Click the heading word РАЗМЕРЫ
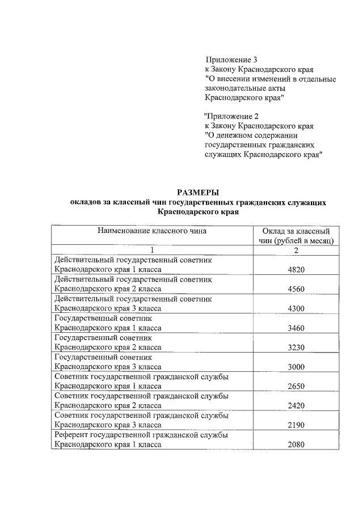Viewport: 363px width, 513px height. pos(198,192)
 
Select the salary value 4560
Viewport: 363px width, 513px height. pos(296,289)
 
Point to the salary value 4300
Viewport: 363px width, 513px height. pos(296,308)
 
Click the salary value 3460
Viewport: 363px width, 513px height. pos(296,328)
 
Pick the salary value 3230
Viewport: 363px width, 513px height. pos(296,347)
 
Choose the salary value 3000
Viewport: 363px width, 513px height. pos(296,367)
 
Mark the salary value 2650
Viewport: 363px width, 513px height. pos(296,387)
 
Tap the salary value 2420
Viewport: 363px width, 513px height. pos(296,406)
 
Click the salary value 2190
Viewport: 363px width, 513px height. pos(296,425)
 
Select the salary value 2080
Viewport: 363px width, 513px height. pos(296,445)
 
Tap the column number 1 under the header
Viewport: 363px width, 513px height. pos(152,251)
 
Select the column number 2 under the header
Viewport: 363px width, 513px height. pos(296,251)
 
